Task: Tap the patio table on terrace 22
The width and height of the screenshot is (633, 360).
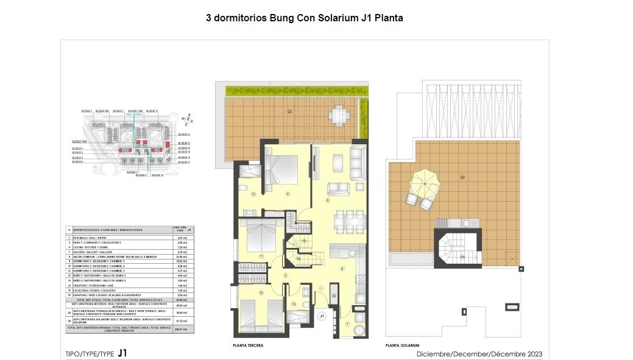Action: tap(339, 114)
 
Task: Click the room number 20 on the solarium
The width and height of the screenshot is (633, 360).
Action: tap(462, 177)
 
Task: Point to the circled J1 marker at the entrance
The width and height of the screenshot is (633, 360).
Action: tap(322, 316)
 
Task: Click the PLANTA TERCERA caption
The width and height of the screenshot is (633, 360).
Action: tap(248, 345)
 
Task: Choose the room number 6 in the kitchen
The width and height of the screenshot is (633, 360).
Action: tap(342, 269)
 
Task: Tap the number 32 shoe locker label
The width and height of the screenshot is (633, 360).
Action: tap(334, 296)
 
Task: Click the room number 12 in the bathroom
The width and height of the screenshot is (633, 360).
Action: tap(252, 195)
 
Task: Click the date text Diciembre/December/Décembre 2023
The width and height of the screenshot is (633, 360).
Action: tap(479, 354)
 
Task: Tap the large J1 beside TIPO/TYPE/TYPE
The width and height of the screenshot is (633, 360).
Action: tap(122, 353)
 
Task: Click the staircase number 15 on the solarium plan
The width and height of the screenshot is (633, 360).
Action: tap(462, 257)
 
